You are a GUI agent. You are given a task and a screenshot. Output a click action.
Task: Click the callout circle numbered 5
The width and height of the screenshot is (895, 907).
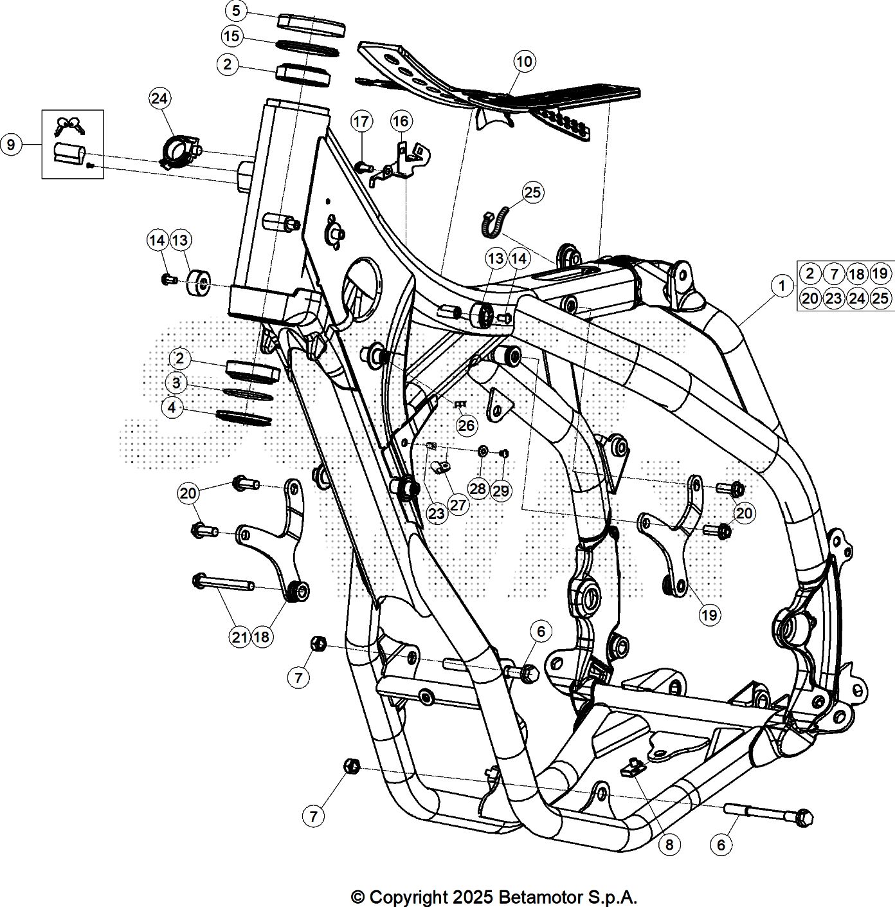click(236, 12)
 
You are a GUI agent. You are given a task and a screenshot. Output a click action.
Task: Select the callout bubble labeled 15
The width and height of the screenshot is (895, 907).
click(231, 36)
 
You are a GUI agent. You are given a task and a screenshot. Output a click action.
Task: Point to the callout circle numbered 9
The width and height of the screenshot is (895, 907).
click(12, 144)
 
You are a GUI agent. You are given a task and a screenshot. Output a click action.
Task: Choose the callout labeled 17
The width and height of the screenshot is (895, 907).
click(361, 122)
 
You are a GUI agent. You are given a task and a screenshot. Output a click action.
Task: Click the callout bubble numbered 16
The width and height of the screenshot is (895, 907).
click(401, 122)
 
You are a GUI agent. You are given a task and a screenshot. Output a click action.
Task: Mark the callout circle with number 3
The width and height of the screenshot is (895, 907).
click(176, 383)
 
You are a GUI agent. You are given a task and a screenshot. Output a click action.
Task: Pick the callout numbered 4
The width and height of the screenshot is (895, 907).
click(172, 408)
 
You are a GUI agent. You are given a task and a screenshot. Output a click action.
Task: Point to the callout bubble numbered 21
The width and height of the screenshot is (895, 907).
click(240, 637)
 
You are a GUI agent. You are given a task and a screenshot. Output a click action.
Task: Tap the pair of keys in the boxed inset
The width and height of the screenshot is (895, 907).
click(70, 126)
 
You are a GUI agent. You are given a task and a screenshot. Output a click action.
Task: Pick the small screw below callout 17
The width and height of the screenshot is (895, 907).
click(364, 167)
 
